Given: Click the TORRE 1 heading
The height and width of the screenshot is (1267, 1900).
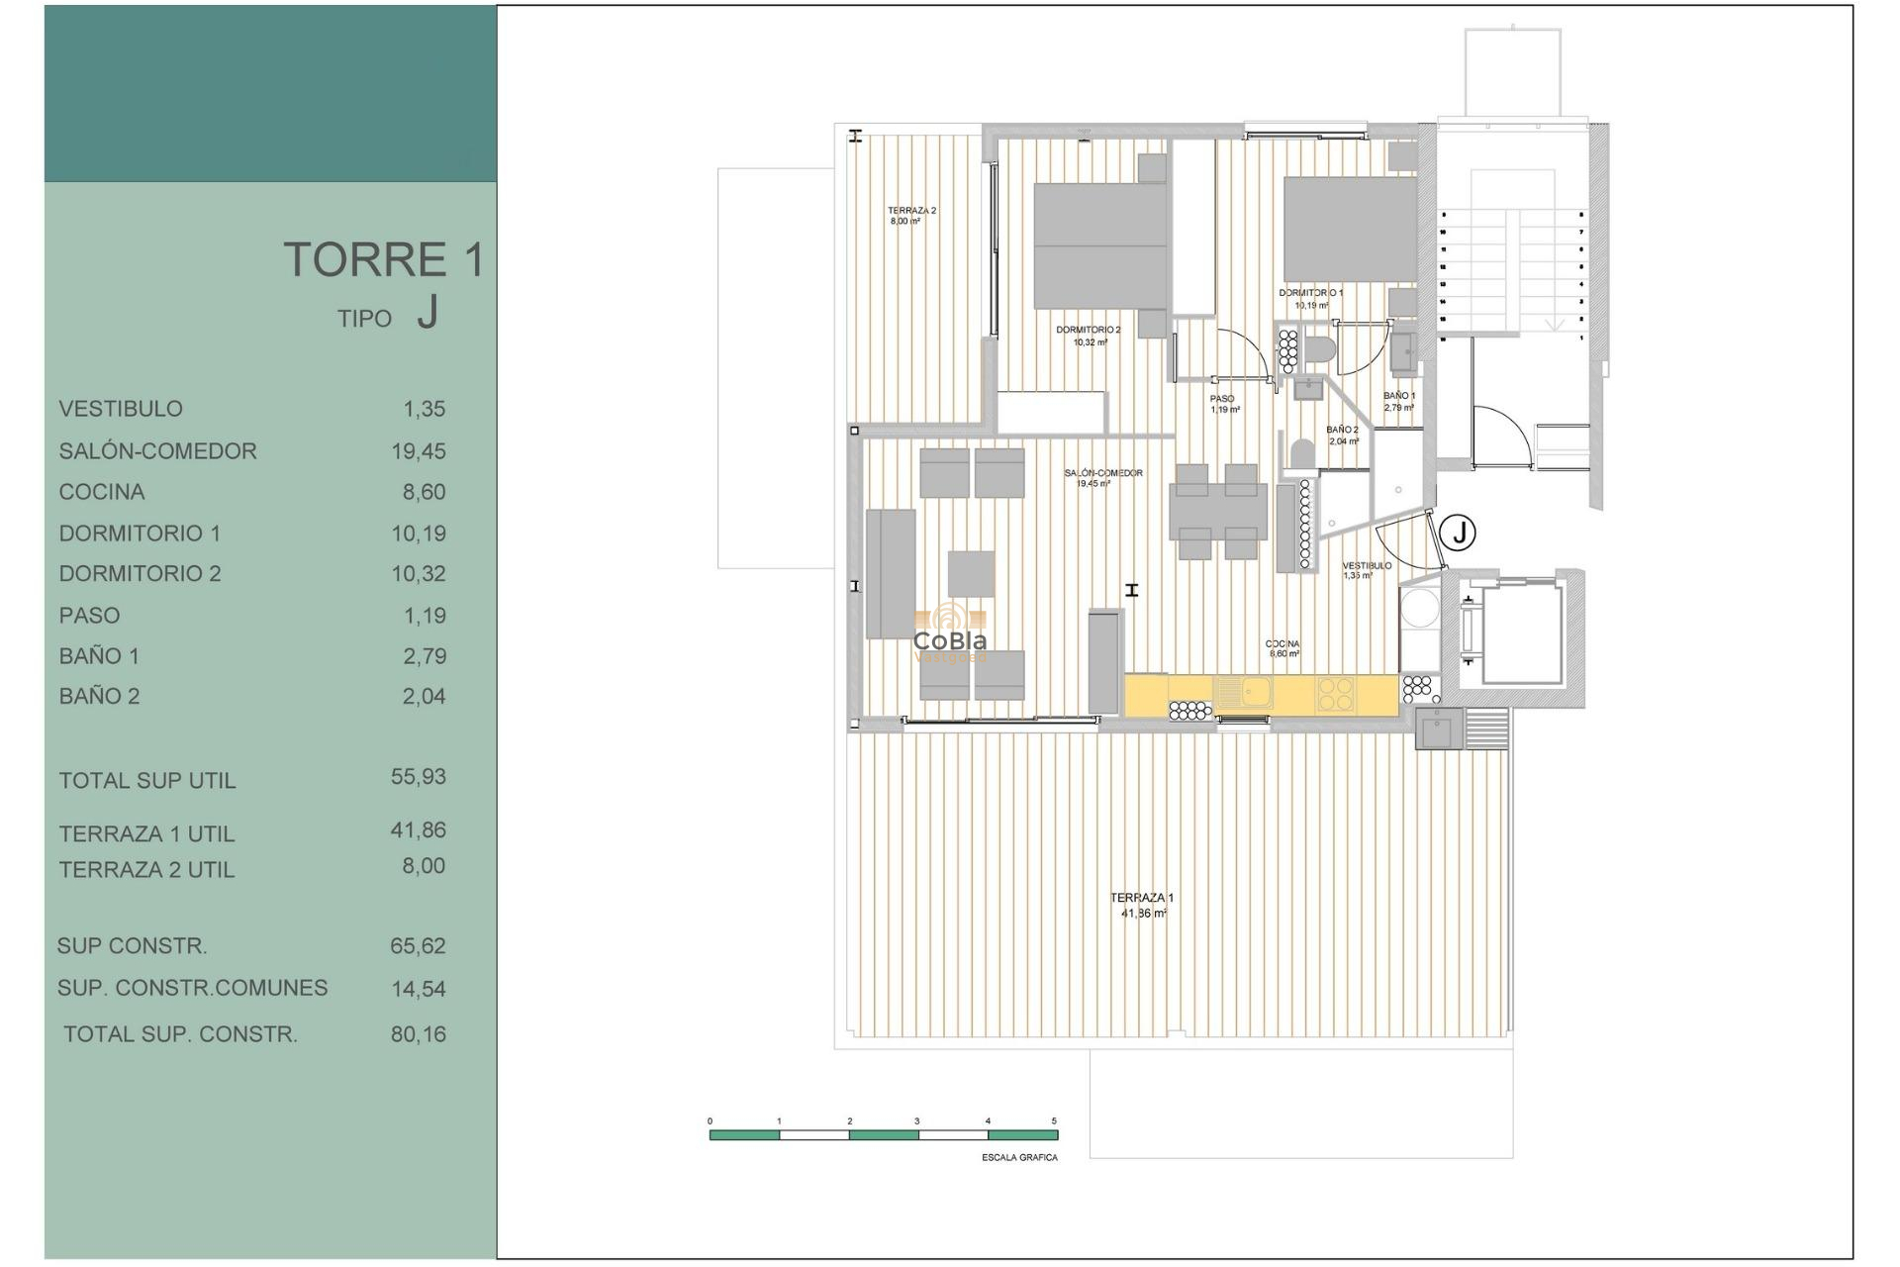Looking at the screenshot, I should [384, 259].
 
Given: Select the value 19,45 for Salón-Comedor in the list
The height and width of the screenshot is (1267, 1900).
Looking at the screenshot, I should [419, 451].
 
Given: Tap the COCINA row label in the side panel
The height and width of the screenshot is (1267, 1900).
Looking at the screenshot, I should [102, 492].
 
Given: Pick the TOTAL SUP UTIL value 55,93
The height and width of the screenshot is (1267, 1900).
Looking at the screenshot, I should [419, 777].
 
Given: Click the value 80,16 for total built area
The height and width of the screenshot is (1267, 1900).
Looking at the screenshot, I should [419, 1034].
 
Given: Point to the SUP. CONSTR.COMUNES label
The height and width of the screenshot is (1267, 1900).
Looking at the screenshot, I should [192, 988].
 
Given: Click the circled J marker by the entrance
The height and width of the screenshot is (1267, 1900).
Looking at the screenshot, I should [1459, 533].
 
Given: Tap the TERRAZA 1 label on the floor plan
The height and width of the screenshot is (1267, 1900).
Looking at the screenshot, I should [1142, 899].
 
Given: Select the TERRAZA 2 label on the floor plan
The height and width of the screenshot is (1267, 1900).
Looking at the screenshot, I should [911, 211].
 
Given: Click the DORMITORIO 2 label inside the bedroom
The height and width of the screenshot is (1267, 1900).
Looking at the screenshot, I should [1088, 331].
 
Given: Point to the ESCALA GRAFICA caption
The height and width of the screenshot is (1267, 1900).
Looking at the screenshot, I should [1019, 1157].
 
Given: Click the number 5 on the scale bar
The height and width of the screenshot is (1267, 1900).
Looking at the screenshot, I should [1054, 1121].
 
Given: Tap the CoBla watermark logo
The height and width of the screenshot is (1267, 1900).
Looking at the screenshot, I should [950, 633].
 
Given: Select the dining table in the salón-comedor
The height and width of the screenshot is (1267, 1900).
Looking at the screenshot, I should [1218, 512].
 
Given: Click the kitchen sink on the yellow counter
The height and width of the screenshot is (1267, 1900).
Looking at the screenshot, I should [1244, 692].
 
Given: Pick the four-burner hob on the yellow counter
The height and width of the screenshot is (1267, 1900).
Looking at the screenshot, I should [1335, 693].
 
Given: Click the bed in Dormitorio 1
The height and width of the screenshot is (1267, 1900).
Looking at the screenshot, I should [1350, 230].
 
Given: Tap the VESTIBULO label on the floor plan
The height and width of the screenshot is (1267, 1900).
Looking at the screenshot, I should [1367, 566].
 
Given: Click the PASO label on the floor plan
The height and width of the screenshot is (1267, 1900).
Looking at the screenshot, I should [1222, 399].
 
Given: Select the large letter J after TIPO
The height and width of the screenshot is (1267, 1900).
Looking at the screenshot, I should [427, 314].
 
